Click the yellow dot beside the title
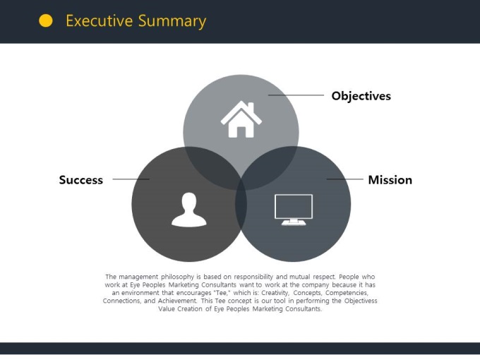pyautogui.click(x=46, y=20)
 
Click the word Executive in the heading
pyautogui.click(x=100, y=20)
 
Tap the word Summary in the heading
pyautogui.click(x=172, y=21)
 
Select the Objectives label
pyautogui.click(x=361, y=96)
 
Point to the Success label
pyautogui.click(x=80, y=180)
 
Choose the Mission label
pyautogui.click(x=390, y=180)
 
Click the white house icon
pyautogui.click(x=241, y=119)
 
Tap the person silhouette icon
pyautogui.click(x=189, y=210)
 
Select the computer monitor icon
pyautogui.click(x=294, y=210)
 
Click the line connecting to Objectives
pyautogui.click(x=296, y=95)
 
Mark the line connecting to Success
pyautogui.click(x=131, y=179)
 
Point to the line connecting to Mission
pyautogui.click(x=345, y=179)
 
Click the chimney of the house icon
pyautogui.click(x=251, y=107)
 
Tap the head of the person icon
pyautogui.click(x=189, y=201)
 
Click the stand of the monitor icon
pyautogui.click(x=294, y=222)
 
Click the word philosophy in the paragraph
pyautogui.click(x=178, y=277)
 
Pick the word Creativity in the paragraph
pyautogui.click(x=275, y=293)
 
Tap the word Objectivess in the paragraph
pyautogui.click(x=361, y=301)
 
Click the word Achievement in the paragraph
pyautogui.click(x=178, y=301)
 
